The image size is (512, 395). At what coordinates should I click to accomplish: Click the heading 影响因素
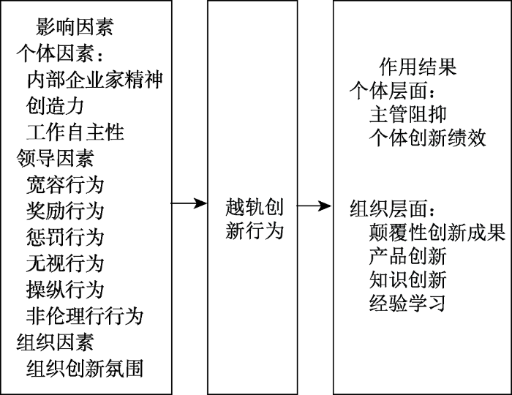[75, 29]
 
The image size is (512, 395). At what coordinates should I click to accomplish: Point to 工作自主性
[75, 132]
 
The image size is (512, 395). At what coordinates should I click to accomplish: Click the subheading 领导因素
[55, 158]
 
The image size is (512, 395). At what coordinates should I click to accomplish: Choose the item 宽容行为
[65, 184]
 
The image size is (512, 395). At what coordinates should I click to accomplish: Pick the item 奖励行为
[65, 211]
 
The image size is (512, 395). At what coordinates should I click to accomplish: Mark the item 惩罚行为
[65, 237]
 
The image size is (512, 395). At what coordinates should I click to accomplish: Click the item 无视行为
[65, 263]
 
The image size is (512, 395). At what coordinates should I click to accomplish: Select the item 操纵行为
[65, 290]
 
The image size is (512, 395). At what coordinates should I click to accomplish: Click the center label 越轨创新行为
[254, 218]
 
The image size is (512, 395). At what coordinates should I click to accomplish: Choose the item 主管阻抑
[408, 115]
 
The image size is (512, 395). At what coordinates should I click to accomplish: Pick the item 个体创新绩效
[428, 138]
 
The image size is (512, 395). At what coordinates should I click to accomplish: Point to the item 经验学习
[408, 303]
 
